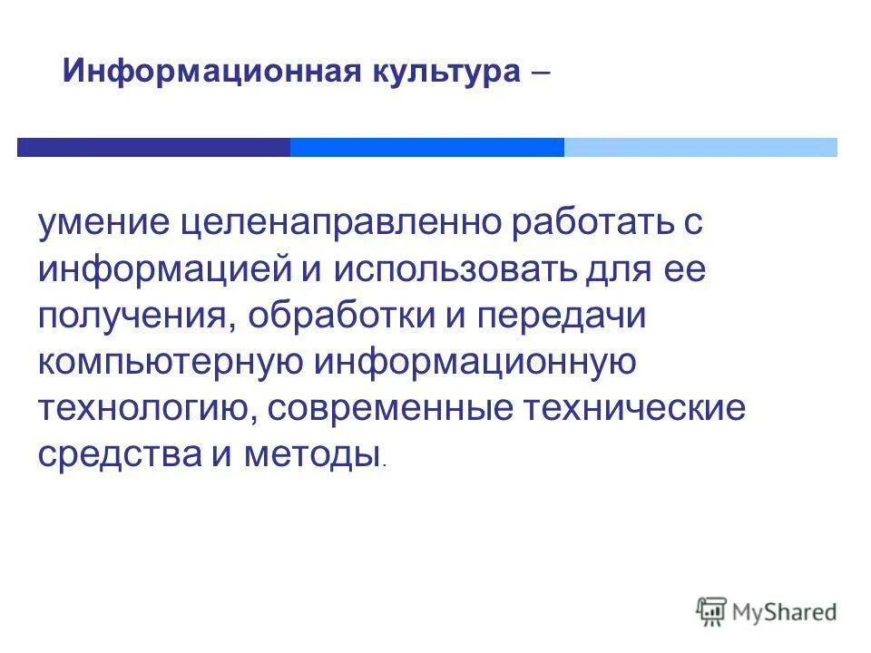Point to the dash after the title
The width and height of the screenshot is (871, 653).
(537, 72)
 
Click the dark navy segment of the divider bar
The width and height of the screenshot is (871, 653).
(153, 147)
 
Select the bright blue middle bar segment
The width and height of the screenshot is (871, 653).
(426, 147)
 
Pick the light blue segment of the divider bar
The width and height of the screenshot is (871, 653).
(700, 147)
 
